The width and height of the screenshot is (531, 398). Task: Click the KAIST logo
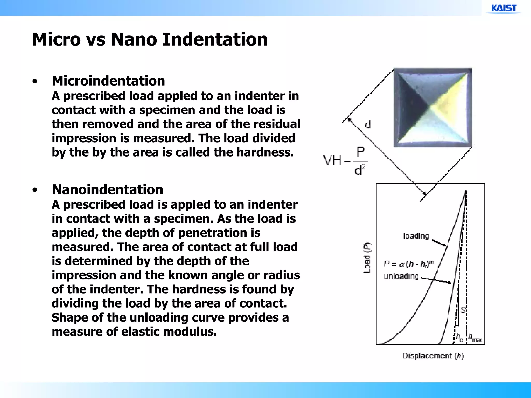[504, 8]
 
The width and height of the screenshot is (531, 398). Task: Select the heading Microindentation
[108, 81]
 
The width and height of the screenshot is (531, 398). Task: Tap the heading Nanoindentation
[107, 190]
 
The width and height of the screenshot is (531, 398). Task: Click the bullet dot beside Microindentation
[35, 82]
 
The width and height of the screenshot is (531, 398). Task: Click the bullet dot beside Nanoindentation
[35, 190]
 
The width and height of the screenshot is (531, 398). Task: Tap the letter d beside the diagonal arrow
[368, 125]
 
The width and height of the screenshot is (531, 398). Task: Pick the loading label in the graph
[416, 236]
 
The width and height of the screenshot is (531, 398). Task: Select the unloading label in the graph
[401, 276]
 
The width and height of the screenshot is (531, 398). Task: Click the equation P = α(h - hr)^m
[409, 264]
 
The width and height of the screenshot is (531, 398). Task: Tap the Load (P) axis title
[367, 258]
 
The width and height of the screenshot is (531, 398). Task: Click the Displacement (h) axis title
[433, 356]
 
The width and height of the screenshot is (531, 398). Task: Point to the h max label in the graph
[476, 338]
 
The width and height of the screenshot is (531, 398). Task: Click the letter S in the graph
[463, 310]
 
